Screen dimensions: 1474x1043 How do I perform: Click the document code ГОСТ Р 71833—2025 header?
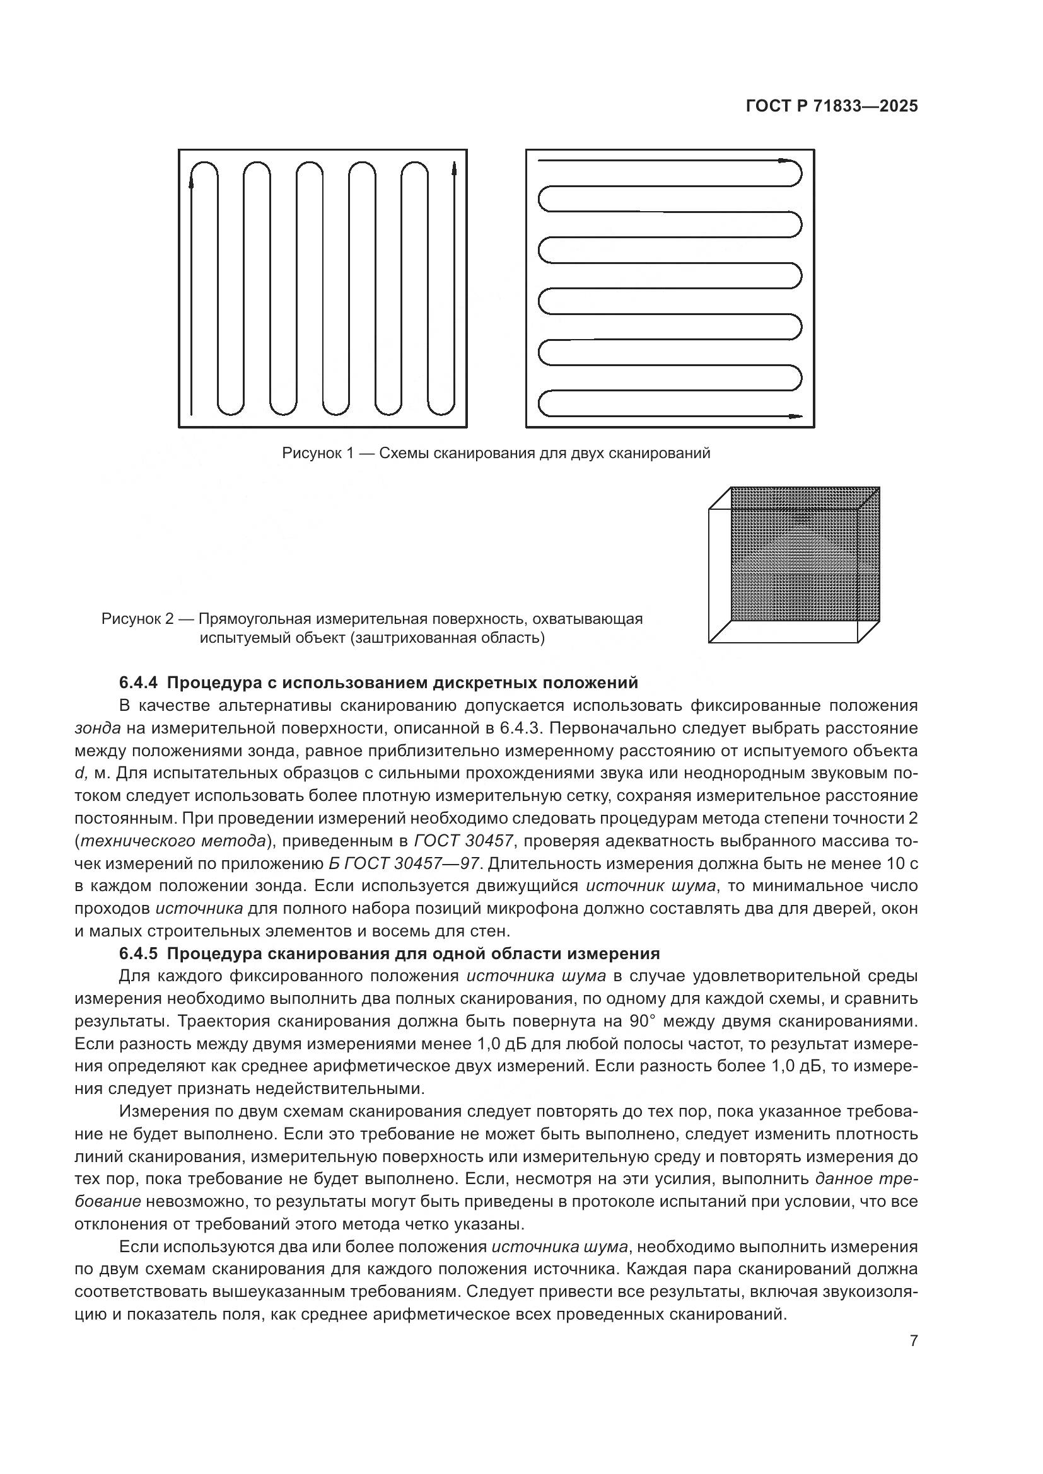[x=832, y=107]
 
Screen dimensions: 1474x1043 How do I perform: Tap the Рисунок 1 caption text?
[x=496, y=453]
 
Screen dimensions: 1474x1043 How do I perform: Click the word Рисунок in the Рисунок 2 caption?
[x=132, y=619]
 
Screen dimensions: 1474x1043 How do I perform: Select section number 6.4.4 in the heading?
[x=138, y=682]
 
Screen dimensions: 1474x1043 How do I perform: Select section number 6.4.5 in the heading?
[x=138, y=953]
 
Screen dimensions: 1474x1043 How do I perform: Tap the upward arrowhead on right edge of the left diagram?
[x=455, y=169]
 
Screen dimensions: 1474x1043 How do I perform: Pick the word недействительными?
[x=339, y=1089]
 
